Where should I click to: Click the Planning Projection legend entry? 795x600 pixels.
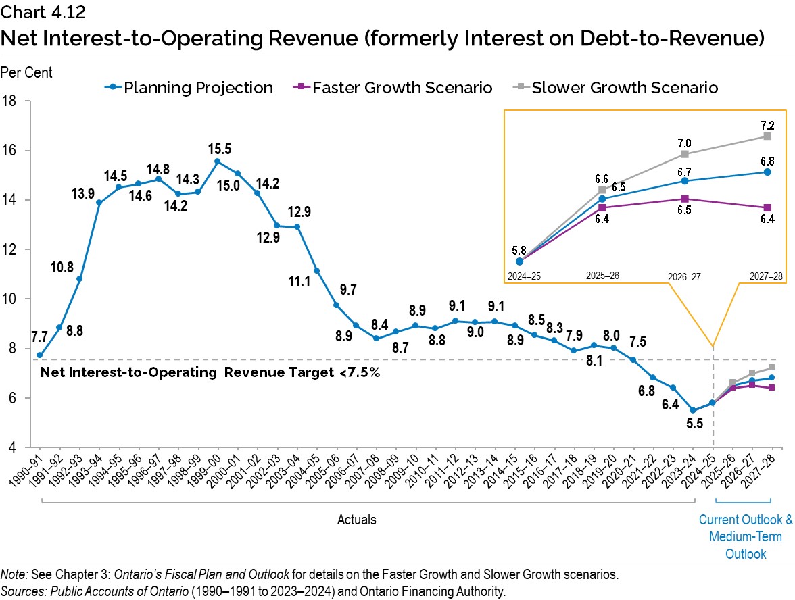click(189, 88)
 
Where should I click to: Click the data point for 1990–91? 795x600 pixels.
click(40, 355)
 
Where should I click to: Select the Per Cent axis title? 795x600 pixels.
click(27, 72)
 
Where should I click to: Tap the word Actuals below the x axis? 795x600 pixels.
click(357, 520)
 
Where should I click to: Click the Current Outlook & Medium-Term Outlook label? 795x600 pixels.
click(745, 536)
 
